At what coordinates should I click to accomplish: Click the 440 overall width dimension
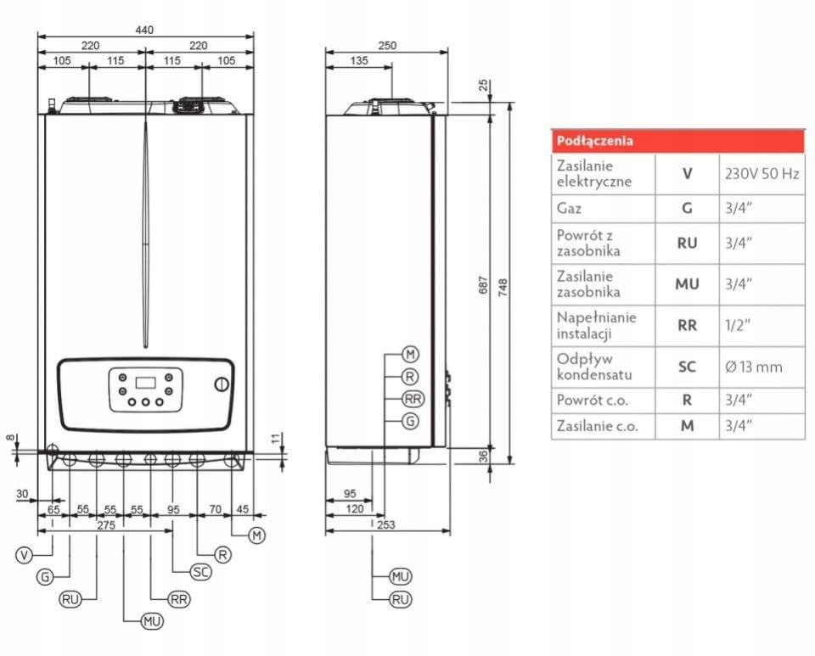click(145, 30)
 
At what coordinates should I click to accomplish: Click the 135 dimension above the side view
click(359, 60)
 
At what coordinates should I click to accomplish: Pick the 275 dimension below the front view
click(105, 525)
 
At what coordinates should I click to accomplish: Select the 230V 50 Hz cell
click(762, 174)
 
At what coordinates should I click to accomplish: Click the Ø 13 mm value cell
click(753, 367)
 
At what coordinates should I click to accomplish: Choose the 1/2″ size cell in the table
click(738, 325)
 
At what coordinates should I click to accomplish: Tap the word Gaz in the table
click(569, 207)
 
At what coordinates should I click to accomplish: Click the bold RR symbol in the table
click(687, 325)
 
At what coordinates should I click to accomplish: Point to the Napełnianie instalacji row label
click(596, 325)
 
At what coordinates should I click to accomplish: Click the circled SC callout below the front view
click(201, 572)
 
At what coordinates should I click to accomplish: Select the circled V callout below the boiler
click(25, 555)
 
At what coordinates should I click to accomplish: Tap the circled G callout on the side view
click(411, 421)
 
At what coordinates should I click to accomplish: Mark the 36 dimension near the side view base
click(484, 457)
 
